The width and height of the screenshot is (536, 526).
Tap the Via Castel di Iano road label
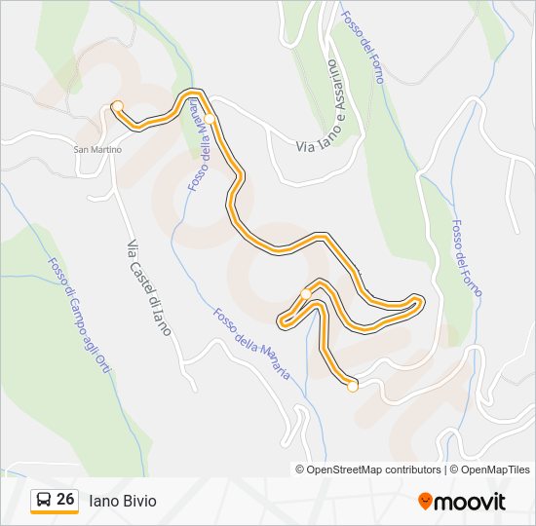tap(149, 287)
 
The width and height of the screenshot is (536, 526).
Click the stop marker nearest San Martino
tap(117, 105)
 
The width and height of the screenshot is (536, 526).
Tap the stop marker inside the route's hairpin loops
tap(306, 293)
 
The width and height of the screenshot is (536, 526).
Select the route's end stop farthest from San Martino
tap(352, 387)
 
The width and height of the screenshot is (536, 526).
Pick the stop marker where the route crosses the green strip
tap(209, 119)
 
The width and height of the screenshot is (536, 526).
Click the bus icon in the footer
tap(44, 500)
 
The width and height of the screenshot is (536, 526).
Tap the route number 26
tap(65, 500)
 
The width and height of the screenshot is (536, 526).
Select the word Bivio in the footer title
tap(138, 501)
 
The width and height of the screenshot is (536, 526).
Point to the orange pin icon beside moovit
tap(425, 501)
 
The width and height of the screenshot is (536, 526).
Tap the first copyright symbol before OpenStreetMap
tap(300, 470)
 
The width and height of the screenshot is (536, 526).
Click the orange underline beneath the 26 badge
tap(55, 513)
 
